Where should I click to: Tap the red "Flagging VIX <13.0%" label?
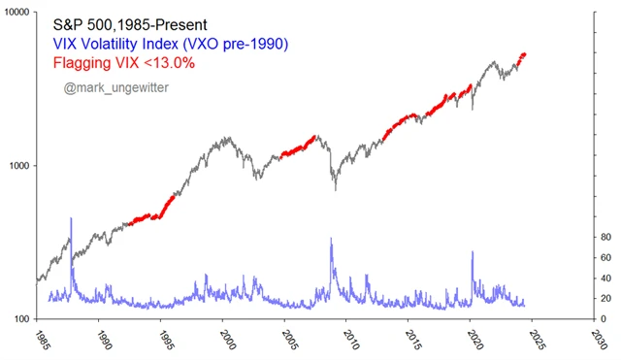[x=138, y=64]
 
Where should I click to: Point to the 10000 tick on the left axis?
[x=16, y=13]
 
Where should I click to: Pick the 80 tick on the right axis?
[x=605, y=237]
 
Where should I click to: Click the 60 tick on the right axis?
[x=605, y=257]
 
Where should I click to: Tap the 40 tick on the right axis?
[x=605, y=278]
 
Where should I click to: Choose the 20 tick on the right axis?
[x=605, y=298]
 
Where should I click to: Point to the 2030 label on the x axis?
[x=602, y=341]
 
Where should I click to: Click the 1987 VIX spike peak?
[x=71, y=219]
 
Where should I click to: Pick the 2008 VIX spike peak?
[x=332, y=239]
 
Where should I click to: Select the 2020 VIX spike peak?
[x=473, y=252]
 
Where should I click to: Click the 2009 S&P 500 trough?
[x=335, y=188]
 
